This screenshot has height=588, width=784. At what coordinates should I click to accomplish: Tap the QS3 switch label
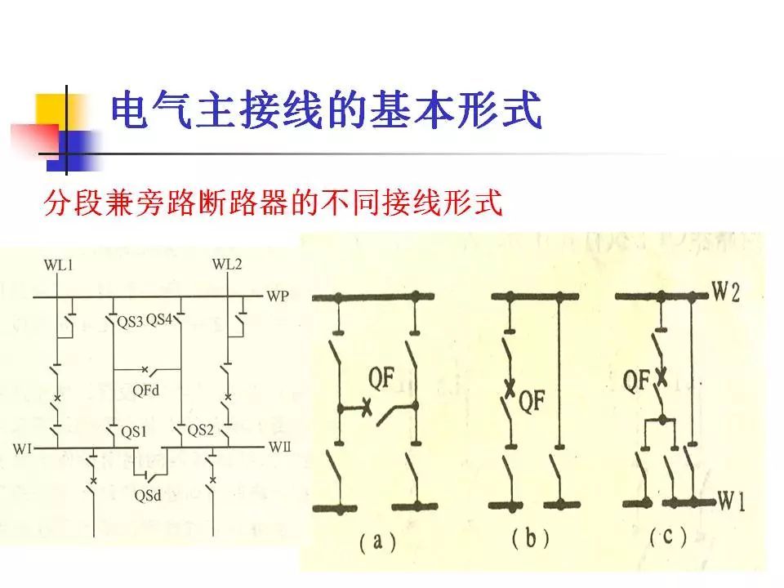pyautogui.click(x=129, y=322)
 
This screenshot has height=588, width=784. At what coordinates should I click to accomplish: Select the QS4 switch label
pyautogui.click(x=160, y=321)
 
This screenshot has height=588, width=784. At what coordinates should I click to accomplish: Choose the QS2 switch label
pyautogui.click(x=200, y=430)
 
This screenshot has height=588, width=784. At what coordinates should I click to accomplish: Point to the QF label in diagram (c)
pyautogui.click(x=638, y=378)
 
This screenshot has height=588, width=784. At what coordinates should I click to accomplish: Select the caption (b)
pyautogui.click(x=531, y=539)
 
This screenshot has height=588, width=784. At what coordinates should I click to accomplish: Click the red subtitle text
pyautogui.click(x=272, y=203)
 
